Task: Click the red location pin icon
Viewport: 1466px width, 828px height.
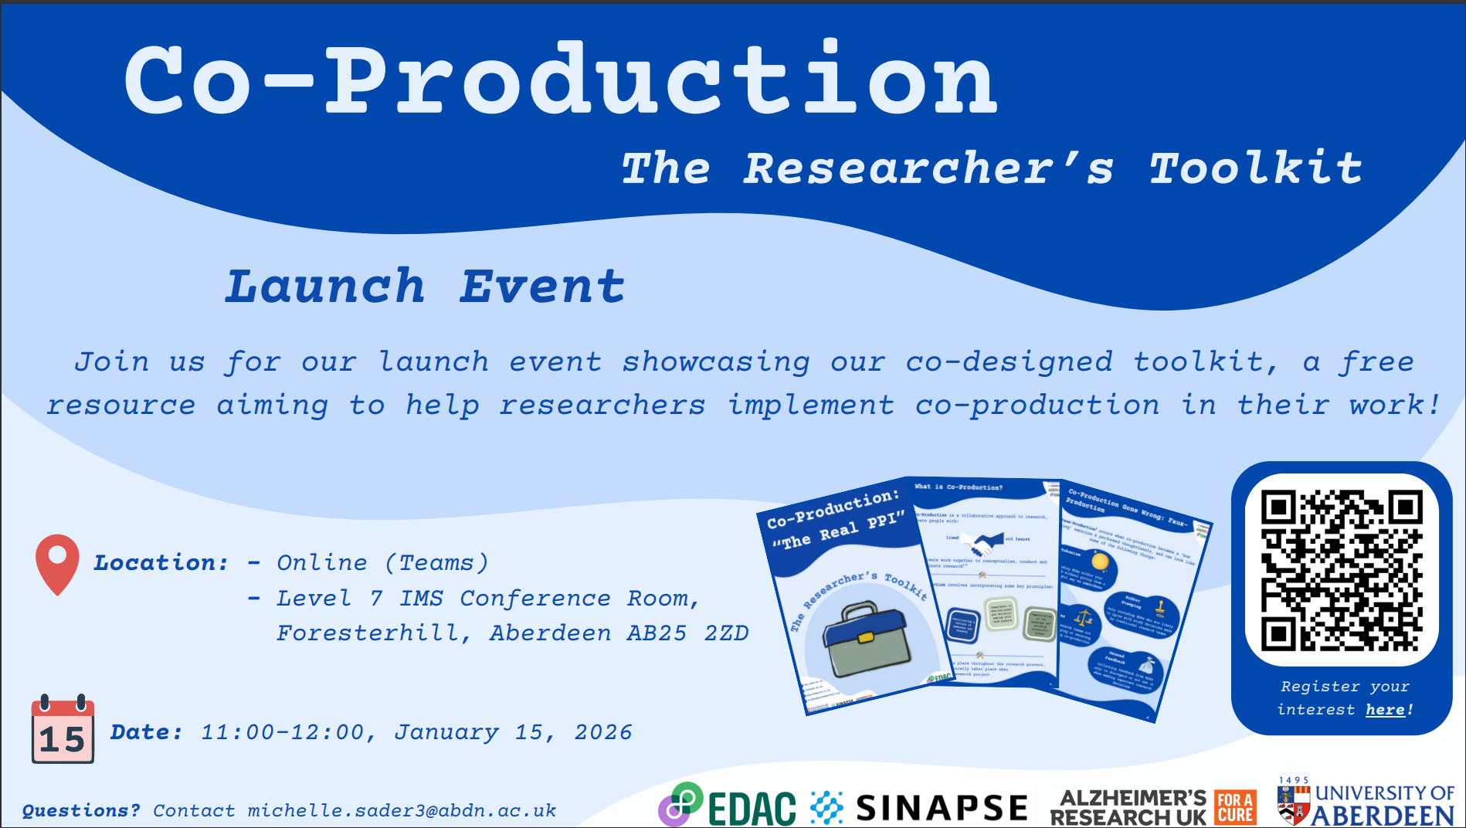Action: [57, 562]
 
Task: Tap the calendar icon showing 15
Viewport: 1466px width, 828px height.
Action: [63, 730]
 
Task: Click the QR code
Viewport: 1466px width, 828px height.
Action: [1342, 570]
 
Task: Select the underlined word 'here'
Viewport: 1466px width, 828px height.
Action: [1385, 710]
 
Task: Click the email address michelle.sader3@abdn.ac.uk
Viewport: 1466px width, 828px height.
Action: [402, 811]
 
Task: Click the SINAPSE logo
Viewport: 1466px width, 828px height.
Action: [919, 808]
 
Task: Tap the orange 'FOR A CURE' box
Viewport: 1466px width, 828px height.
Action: [1235, 808]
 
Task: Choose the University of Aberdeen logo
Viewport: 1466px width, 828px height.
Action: [1366, 804]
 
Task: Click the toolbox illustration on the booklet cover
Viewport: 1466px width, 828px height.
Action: [864, 638]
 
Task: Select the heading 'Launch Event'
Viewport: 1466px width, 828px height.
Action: [425, 287]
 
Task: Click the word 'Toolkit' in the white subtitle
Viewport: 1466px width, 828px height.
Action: [1256, 168]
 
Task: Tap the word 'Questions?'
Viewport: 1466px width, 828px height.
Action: [81, 811]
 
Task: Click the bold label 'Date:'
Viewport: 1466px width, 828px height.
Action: [147, 732]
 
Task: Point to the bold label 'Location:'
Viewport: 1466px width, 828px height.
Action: [161, 563]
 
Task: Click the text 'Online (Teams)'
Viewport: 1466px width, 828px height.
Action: [382, 563]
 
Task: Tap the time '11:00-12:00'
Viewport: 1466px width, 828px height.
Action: [283, 732]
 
